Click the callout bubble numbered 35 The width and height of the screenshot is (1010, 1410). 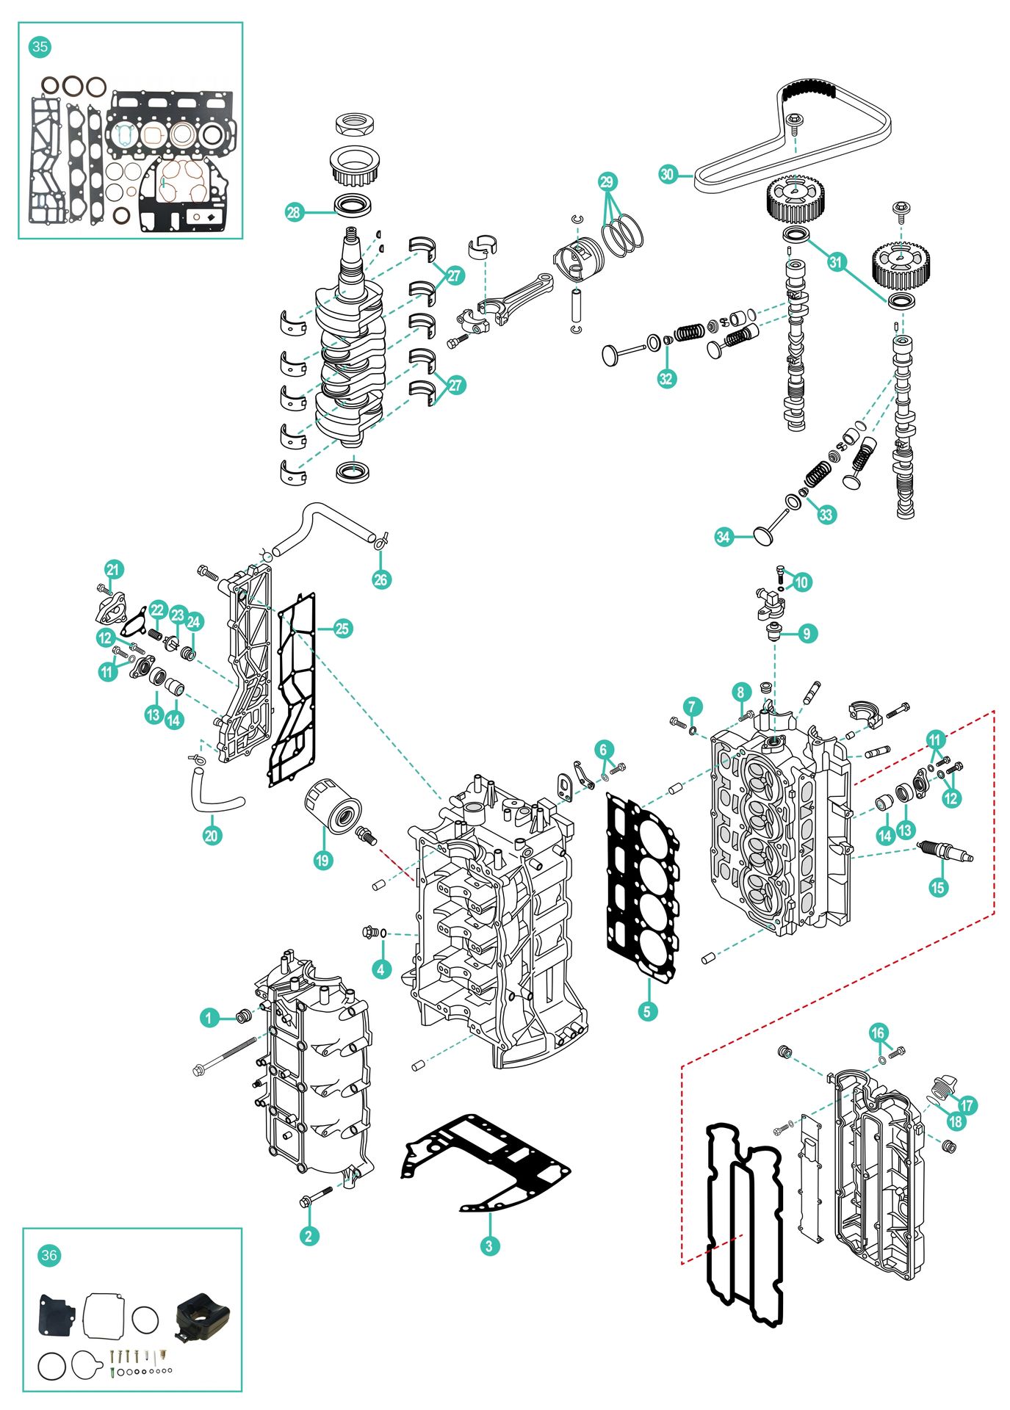[x=40, y=47]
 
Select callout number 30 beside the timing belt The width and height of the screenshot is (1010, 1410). [x=667, y=174]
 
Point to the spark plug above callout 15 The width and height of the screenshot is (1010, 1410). [x=945, y=853]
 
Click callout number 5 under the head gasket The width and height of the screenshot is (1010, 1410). [x=646, y=1011]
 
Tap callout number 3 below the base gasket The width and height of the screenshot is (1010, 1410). [x=489, y=1245]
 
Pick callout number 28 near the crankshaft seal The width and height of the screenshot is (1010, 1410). [x=294, y=212]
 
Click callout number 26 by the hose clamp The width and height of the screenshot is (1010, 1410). [x=380, y=579]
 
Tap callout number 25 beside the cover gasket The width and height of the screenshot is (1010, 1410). [x=342, y=629]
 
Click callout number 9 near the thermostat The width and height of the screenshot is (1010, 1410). [x=806, y=633]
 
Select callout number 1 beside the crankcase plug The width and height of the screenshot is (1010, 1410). [x=209, y=1018]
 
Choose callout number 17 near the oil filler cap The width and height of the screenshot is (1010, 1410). [x=967, y=1104]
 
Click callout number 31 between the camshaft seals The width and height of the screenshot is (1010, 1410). [x=836, y=261]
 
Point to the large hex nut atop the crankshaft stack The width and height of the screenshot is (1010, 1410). [x=356, y=123]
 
